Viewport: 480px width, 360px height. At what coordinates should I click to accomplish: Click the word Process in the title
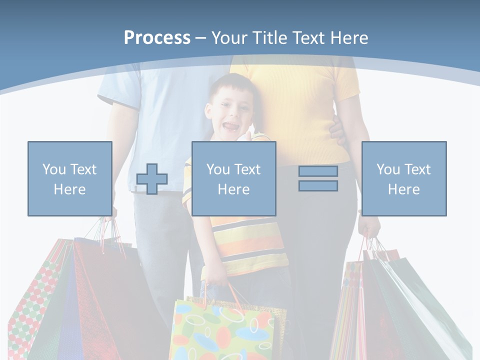157,38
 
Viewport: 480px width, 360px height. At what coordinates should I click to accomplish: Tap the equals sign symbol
318,178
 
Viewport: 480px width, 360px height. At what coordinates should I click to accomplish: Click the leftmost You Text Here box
70,178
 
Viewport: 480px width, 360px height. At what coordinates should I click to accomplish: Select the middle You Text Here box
233,178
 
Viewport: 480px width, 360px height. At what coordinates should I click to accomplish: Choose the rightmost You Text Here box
403,178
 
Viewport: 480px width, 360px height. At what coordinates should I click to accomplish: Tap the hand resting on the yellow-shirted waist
336,131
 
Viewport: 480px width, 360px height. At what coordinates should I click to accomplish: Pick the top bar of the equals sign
318,171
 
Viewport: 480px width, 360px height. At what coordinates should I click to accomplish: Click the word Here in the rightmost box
403,189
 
